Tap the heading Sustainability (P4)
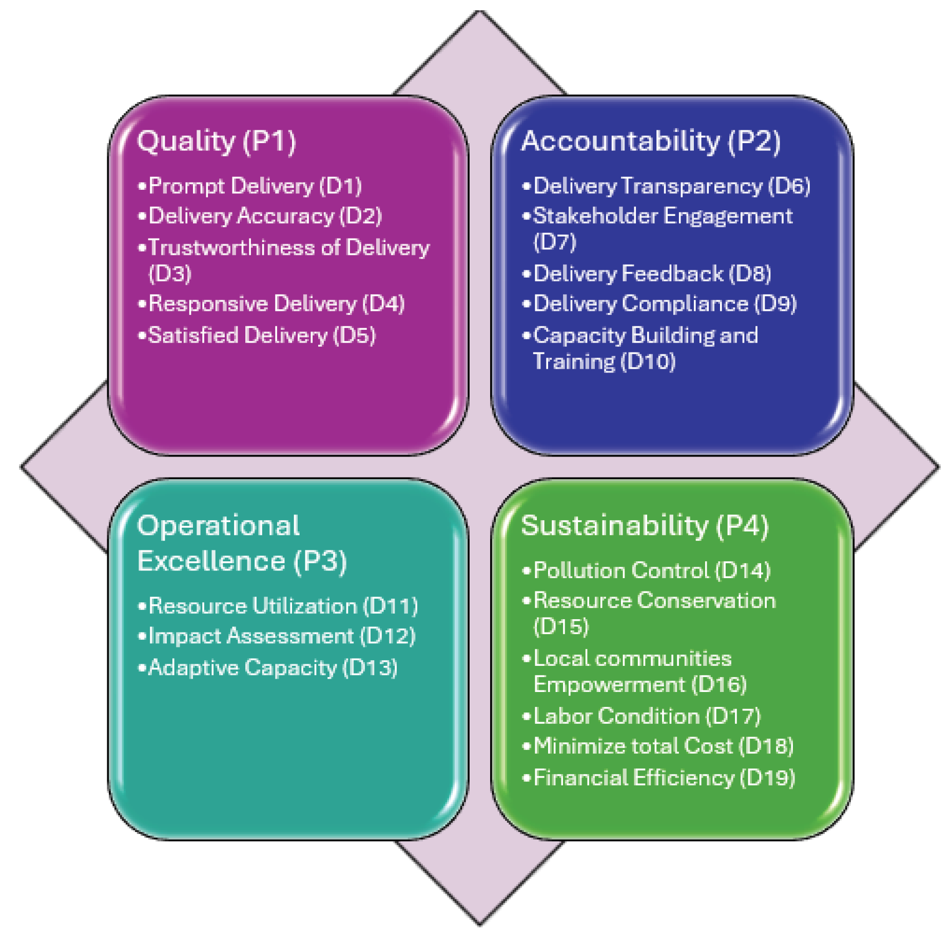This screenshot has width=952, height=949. (x=644, y=525)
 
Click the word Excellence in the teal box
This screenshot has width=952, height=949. (x=211, y=561)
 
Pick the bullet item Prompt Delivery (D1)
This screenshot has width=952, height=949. (x=255, y=186)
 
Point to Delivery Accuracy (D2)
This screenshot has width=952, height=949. (x=265, y=216)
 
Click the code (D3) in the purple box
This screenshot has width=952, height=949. (x=170, y=273)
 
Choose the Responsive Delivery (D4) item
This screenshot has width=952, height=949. (x=276, y=304)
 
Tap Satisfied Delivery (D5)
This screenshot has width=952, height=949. (x=262, y=335)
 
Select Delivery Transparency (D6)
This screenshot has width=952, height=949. (x=671, y=186)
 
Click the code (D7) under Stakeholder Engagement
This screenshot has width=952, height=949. (x=555, y=242)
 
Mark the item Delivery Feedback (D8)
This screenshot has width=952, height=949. (x=652, y=273)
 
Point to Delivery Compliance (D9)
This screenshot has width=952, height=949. (x=665, y=304)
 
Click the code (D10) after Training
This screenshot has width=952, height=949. (x=648, y=362)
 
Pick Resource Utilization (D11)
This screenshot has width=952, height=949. (x=283, y=606)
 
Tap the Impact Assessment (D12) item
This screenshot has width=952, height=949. (x=281, y=636)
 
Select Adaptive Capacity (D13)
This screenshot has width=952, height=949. (x=273, y=667)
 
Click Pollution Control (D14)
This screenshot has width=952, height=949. (x=652, y=570)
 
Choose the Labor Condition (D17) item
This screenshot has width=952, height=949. (x=647, y=716)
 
